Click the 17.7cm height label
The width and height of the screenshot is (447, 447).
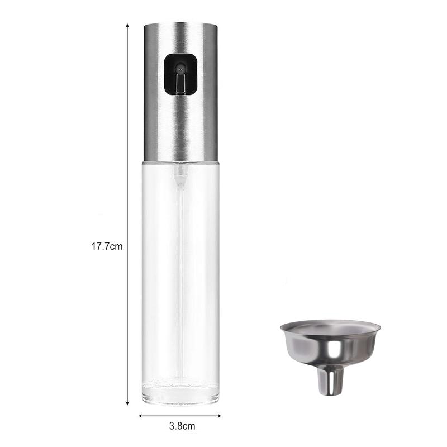(107, 246)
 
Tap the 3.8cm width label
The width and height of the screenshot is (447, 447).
(182, 426)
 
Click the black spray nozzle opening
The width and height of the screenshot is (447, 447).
(180, 74)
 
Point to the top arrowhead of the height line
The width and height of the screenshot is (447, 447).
(127, 26)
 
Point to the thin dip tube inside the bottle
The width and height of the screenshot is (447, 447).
(180, 279)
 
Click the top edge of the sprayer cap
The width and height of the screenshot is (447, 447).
(180, 24)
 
